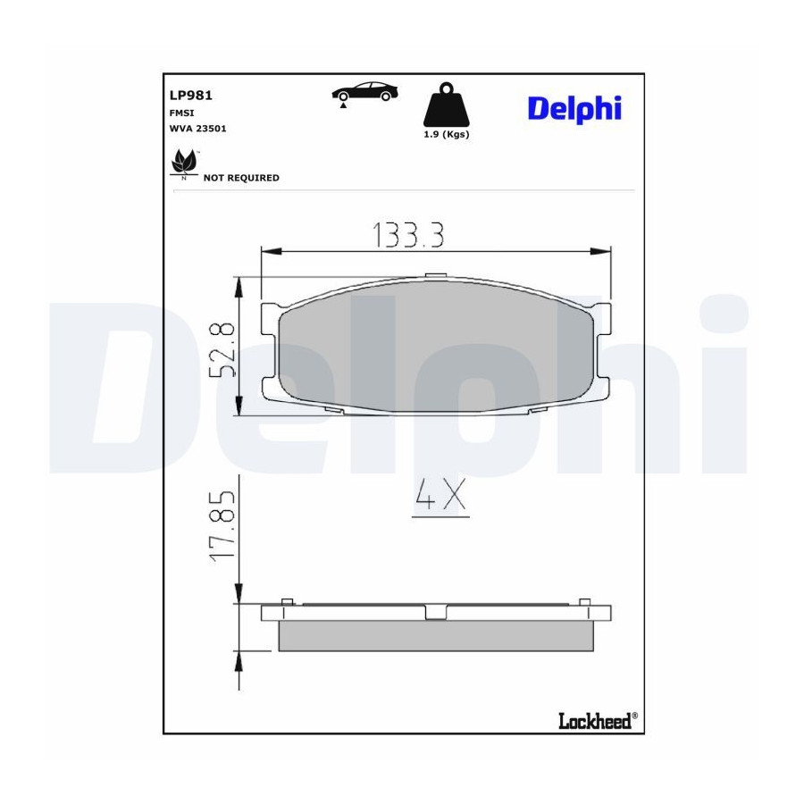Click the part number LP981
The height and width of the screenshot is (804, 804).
pyautogui.click(x=191, y=96)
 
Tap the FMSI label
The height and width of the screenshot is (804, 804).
pyautogui.click(x=181, y=113)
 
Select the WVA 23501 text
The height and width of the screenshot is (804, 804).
pyautogui.click(x=198, y=129)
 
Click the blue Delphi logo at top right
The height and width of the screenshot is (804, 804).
pyautogui.click(x=574, y=109)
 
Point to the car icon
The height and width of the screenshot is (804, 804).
pyautogui.click(x=364, y=92)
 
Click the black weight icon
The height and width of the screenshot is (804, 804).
pyautogui.click(x=446, y=105)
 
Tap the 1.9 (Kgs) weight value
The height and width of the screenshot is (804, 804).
pyautogui.click(x=446, y=134)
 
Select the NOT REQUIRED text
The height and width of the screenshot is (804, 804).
pyautogui.click(x=241, y=178)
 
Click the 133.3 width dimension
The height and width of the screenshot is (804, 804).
pyautogui.click(x=407, y=235)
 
